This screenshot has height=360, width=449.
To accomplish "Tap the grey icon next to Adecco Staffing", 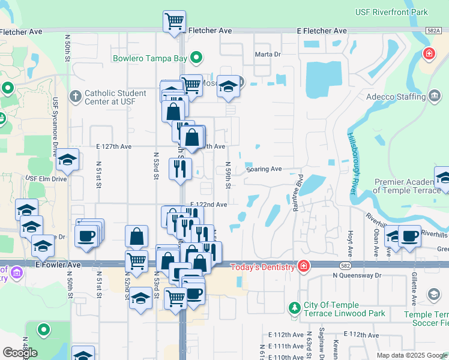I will [x=435, y=96].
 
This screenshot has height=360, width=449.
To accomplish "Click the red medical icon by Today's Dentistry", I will [x=304, y=266].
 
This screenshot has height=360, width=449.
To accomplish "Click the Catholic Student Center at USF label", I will [x=115, y=97].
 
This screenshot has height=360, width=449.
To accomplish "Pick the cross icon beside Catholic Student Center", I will [x=76, y=96].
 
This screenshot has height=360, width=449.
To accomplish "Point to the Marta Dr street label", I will [x=268, y=54].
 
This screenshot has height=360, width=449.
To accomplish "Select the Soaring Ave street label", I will [x=264, y=169].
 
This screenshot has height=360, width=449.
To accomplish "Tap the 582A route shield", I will [x=433, y=31].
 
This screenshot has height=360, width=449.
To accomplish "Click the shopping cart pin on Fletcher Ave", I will [x=174, y=22].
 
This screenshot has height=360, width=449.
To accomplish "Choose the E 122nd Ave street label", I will [x=209, y=205].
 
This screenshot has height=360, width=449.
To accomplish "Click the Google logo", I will [x=20, y=353].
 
